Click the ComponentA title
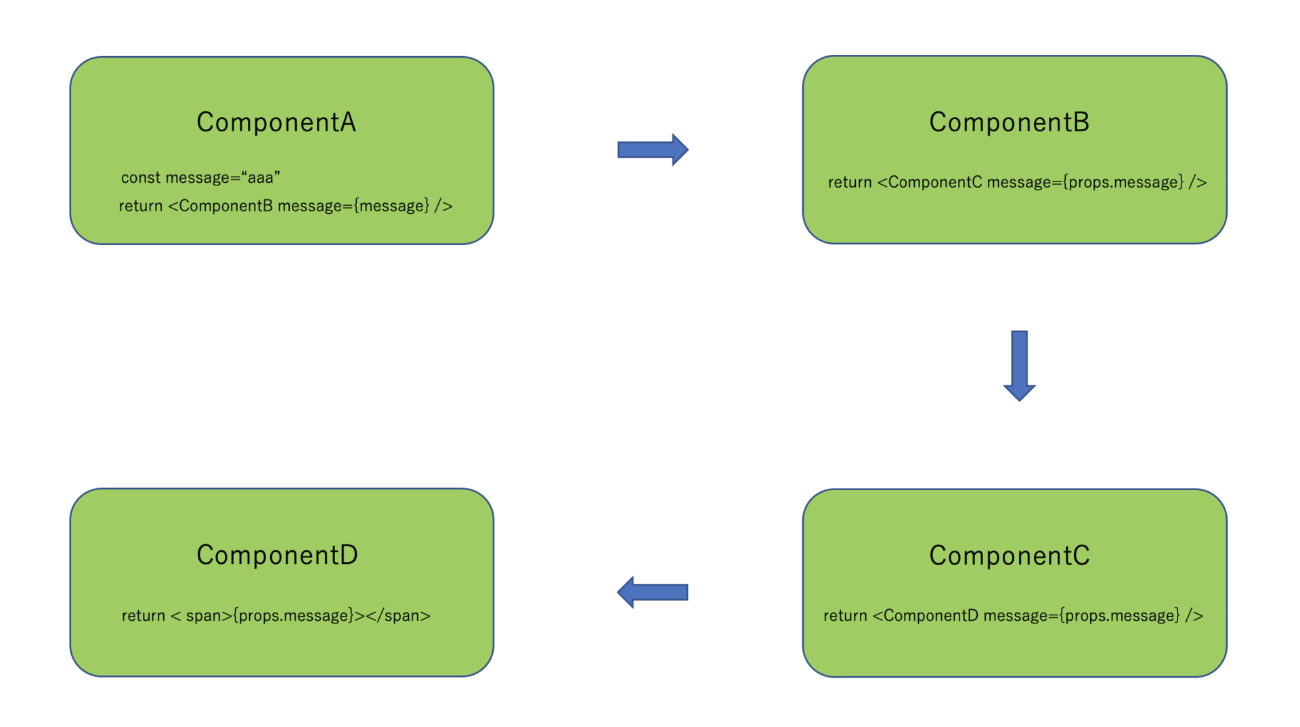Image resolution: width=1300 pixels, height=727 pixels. pos(276,122)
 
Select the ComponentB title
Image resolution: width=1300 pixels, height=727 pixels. pos(1009,122)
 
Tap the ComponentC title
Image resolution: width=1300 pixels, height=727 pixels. pos(1010,555)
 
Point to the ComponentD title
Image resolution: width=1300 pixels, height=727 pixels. pos(277,554)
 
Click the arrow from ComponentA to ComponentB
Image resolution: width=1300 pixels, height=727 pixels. pos(653,150)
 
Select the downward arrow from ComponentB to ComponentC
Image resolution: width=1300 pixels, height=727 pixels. pos(1019,366)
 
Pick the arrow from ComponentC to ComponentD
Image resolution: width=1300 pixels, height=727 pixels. pos(653,592)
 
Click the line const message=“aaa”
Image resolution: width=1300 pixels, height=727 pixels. pos(200,177)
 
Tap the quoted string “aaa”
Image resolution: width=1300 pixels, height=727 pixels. pos(261,177)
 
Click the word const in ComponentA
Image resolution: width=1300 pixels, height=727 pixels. pos(141,177)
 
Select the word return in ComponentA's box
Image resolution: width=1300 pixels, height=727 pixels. pos(141,206)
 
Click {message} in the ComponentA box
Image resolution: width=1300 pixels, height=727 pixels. pos(391,206)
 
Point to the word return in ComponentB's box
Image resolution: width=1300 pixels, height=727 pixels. pos(850,182)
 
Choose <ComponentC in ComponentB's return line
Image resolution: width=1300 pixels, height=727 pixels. pos(929,182)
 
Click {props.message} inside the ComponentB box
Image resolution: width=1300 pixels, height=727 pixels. pos(1123,182)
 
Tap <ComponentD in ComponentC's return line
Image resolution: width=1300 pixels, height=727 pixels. pos(925,615)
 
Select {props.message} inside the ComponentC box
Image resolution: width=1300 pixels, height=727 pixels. pos(1120,615)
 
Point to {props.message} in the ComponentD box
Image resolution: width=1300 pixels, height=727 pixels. pos(293,615)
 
